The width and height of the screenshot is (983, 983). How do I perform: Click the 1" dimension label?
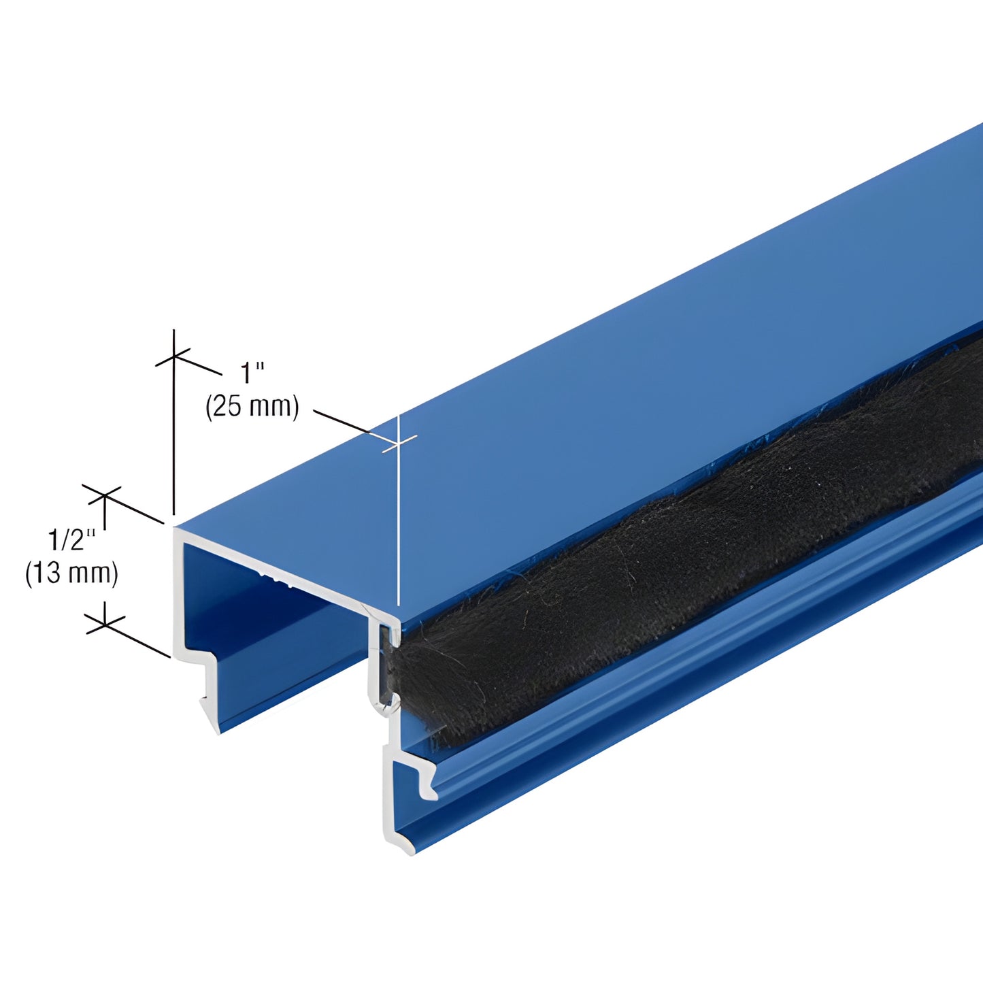pyautogui.click(x=252, y=373)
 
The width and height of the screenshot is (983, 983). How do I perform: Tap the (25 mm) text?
pyautogui.click(x=252, y=406)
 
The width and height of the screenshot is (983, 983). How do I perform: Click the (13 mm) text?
pyautogui.click(x=71, y=573)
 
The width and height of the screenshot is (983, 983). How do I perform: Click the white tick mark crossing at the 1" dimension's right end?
pyautogui.click(x=398, y=442)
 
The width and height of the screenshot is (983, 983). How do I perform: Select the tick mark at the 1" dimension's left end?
pyautogui.click(x=174, y=356)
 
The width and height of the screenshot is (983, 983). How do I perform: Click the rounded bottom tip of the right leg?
pyautogui.click(x=401, y=847)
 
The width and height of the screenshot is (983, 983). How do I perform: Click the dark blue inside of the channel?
pyautogui.click(x=272, y=633)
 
